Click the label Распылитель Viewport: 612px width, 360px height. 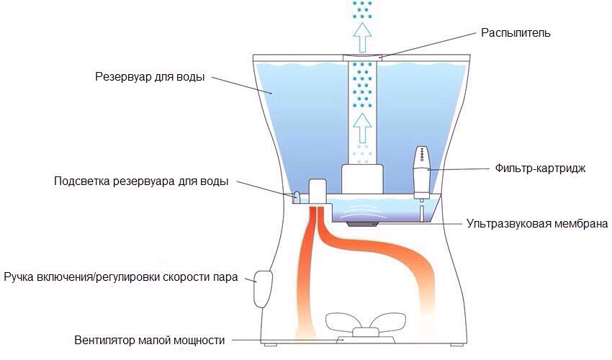[x=517, y=33]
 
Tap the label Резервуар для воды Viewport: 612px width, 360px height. [x=150, y=76]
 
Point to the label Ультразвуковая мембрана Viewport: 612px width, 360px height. [x=537, y=224]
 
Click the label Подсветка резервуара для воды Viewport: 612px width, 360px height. [x=141, y=181]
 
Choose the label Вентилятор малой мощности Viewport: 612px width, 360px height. [x=150, y=340]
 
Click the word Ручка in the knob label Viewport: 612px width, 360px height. [x=19, y=277]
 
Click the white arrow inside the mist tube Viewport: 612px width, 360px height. [x=362, y=130]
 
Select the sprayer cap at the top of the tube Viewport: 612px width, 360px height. [x=362, y=57]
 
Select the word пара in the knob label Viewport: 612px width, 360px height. [x=220, y=277]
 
